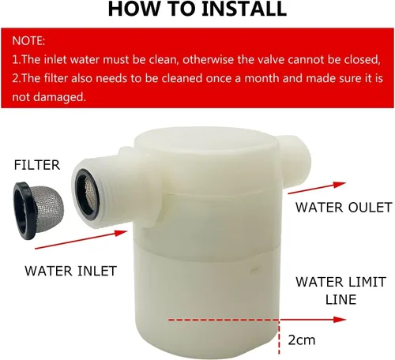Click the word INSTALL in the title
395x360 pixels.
pos(244,9)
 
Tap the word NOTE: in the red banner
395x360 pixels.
pos(28,41)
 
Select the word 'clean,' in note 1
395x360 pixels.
pos(164,60)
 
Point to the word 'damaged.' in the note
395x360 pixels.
pos(59,97)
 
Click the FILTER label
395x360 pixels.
pos(37,165)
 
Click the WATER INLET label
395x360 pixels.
pos(71,271)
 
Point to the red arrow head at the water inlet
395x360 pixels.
pos(121,233)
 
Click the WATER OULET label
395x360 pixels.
pos(344,208)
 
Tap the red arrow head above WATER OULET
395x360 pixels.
pos(340,185)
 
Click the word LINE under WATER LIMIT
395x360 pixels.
pos(341,300)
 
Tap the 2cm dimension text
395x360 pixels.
pos(302,340)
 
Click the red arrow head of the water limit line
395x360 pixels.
pos(340,320)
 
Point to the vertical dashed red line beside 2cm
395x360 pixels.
pos(280,337)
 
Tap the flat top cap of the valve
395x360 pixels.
pos(206,142)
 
